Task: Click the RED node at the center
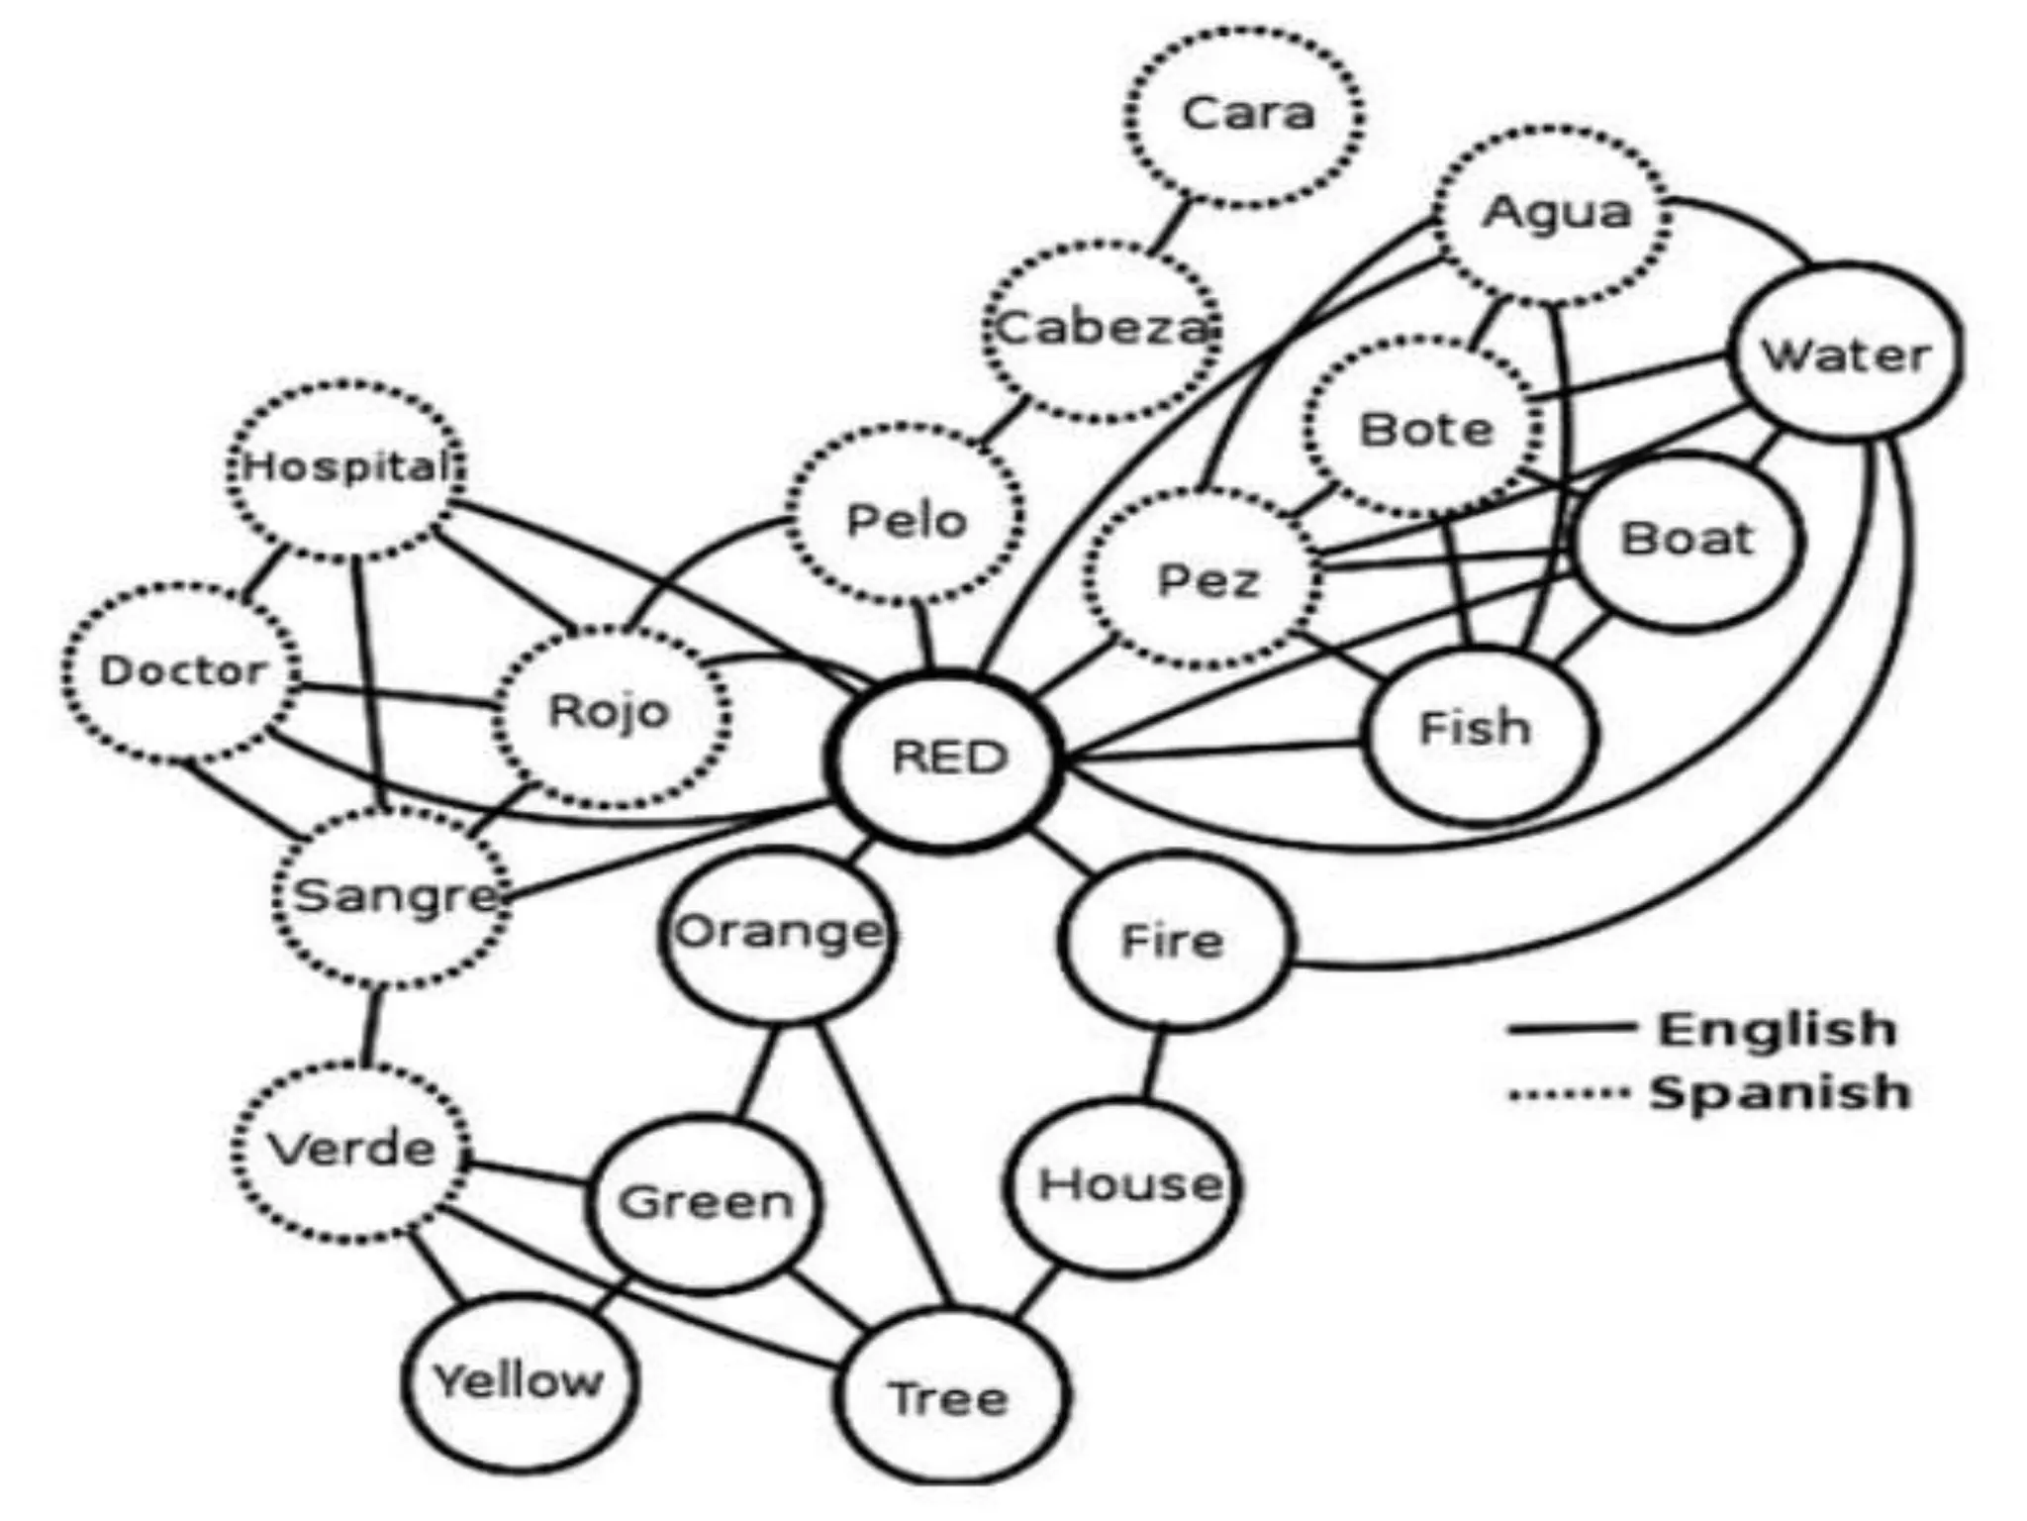click(947, 758)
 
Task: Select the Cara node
click(1246, 116)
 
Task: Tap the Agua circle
click(1554, 214)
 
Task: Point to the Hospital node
click(346, 467)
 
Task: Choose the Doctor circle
click(182, 672)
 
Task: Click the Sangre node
click(394, 896)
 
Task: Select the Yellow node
click(519, 1380)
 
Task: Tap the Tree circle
click(950, 1397)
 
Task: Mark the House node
click(1124, 1185)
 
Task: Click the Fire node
click(1174, 941)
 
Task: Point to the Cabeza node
click(1103, 329)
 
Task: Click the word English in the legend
click(1778, 1029)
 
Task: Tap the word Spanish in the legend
click(1780, 1092)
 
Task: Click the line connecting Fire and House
click(1153, 1065)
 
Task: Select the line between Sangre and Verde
click(371, 1025)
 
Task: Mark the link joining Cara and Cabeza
click(1174, 226)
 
